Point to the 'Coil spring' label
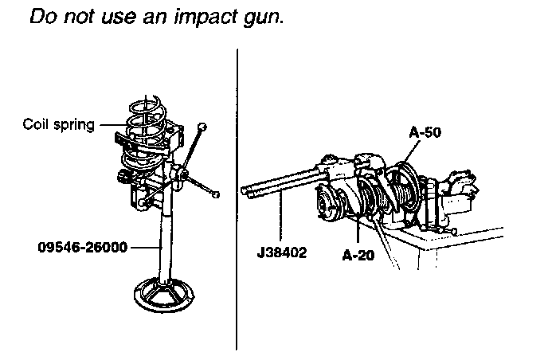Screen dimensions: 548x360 [x=58, y=124]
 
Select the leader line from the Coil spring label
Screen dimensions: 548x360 [x=108, y=125]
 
